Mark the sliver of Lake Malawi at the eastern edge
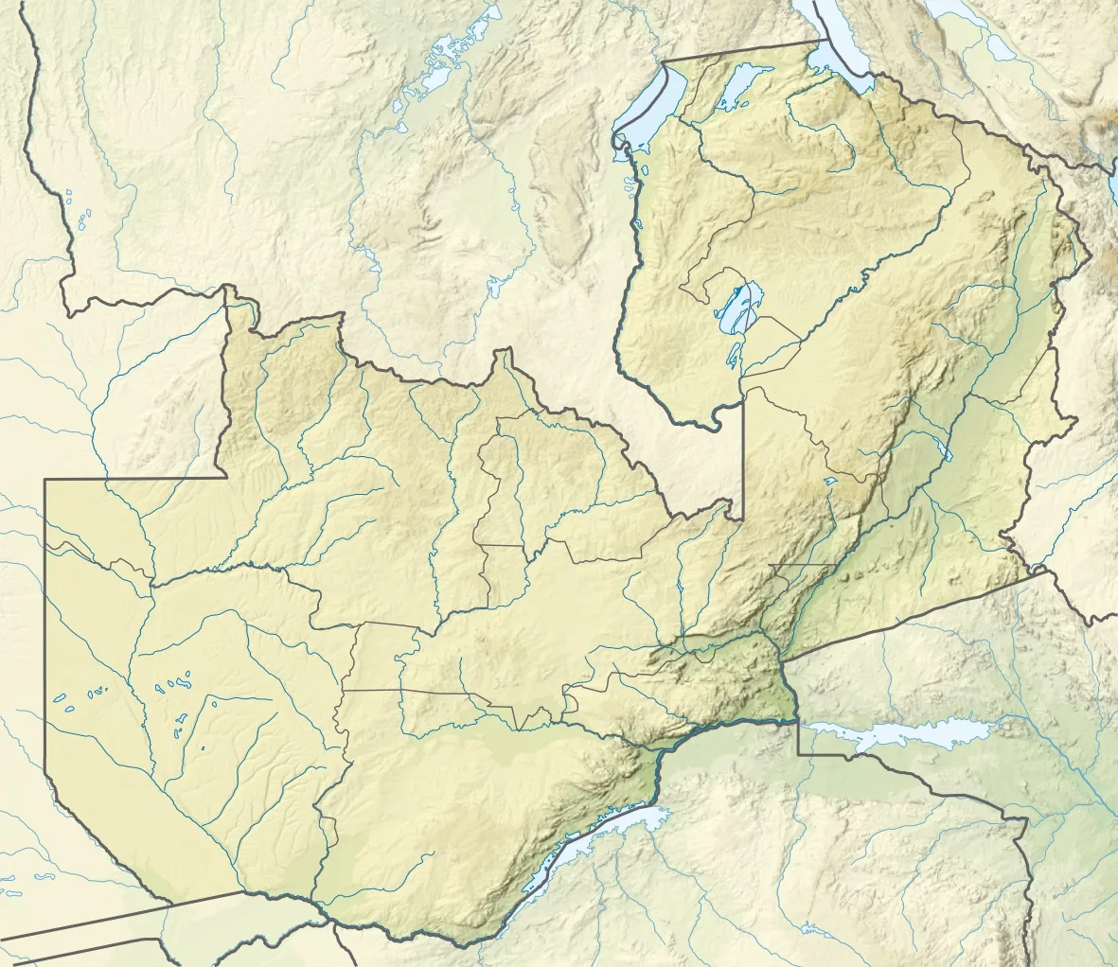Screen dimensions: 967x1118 click(x=1113, y=161)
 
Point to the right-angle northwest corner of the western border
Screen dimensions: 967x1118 click(x=45, y=480)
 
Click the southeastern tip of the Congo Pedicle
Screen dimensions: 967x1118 click(x=742, y=516)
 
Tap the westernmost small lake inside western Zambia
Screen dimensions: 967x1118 click(x=62, y=700)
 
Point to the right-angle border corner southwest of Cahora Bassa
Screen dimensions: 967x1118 click(x=798, y=753)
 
